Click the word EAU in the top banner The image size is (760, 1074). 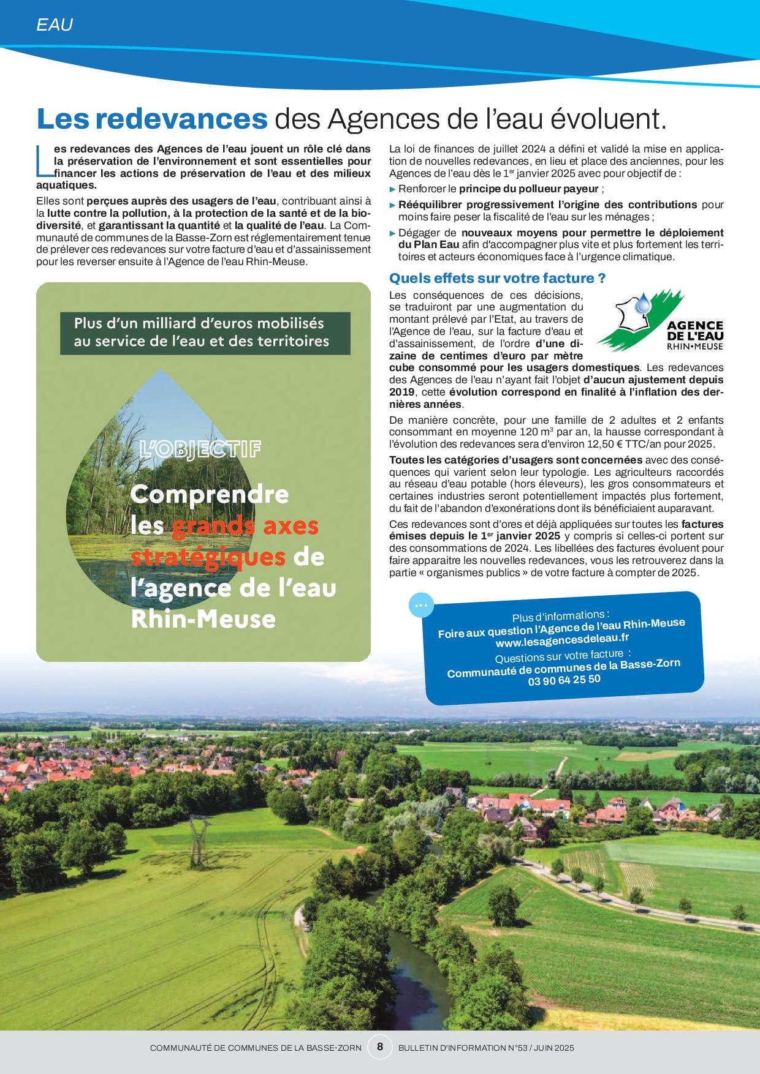tap(55, 25)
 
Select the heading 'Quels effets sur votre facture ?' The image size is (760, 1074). tap(498, 278)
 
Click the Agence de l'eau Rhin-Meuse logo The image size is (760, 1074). tap(661, 321)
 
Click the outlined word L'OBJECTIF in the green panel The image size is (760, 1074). tap(200, 450)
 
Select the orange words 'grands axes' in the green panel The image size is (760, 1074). tap(245, 526)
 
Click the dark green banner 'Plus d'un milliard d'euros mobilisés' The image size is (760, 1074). tap(205, 332)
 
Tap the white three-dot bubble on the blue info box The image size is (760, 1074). tap(420, 605)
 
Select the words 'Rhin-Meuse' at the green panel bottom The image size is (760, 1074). tap(203, 619)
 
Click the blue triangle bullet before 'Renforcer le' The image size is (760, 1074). tap(393, 189)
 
